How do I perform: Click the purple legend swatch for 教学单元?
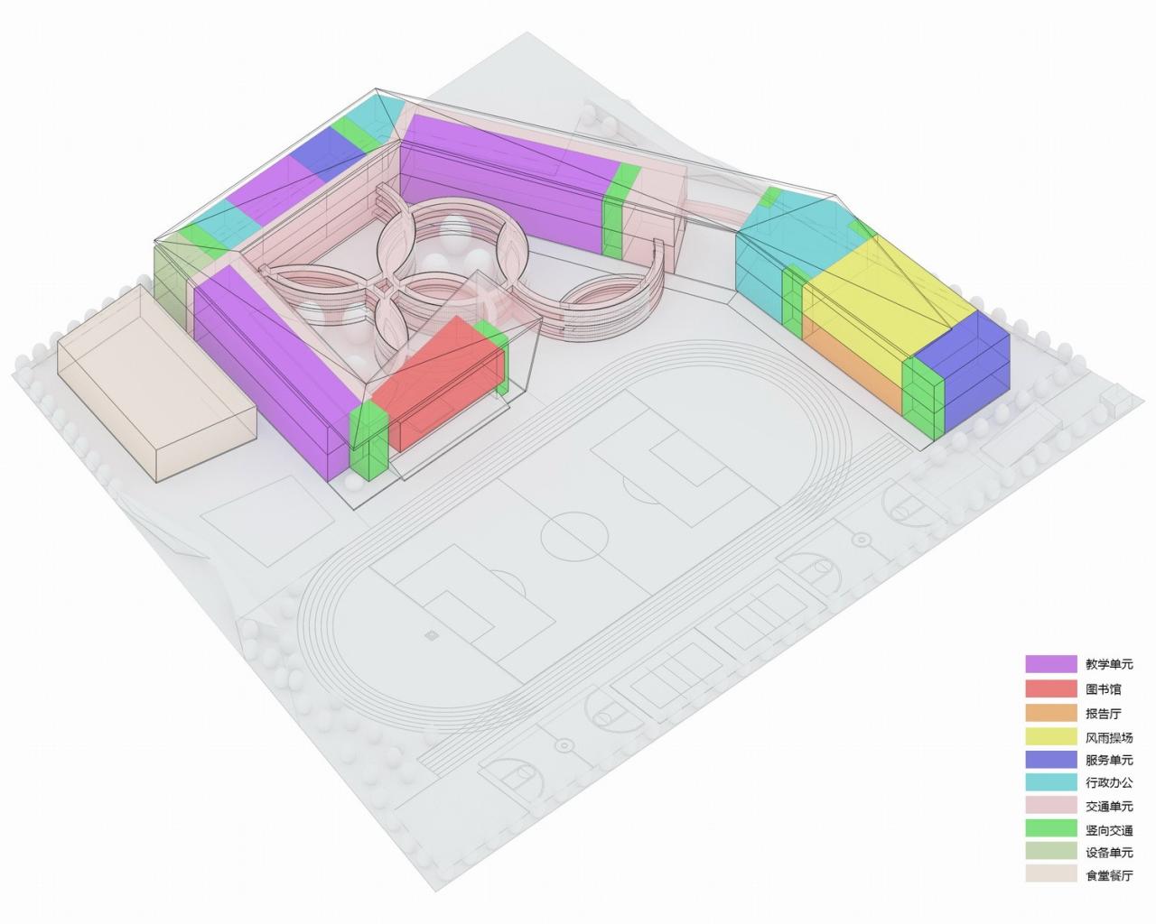coord(1050,664)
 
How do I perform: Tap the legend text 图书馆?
coord(1103,688)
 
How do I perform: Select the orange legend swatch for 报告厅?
coord(1050,713)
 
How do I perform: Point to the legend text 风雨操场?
coord(1108,736)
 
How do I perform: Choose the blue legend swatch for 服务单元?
coord(1050,760)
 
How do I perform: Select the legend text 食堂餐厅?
coord(1108,876)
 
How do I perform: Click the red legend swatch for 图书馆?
coord(1050,688)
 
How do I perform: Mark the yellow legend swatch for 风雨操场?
coord(1050,736)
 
